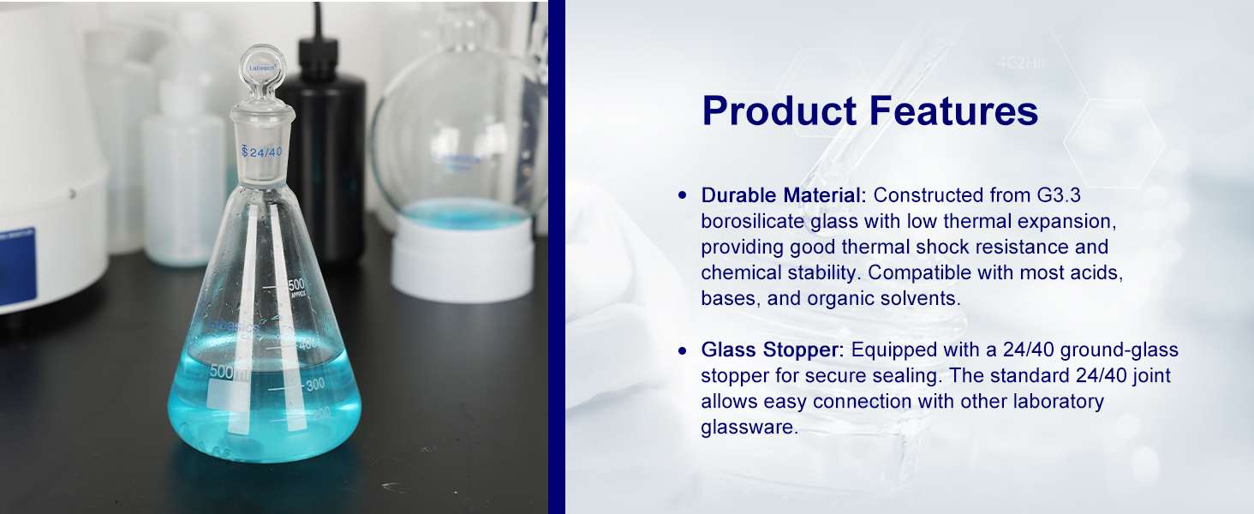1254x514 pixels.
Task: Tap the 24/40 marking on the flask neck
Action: pyautogui.click(x=261, y=152)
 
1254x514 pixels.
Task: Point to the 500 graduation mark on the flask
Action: pyautogui.click(x=296, y=284)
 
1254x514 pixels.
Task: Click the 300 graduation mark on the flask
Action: pyautogui.click(x=315, y=384)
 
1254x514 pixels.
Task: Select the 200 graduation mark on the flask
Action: pyautogui.click(x=321, y=414)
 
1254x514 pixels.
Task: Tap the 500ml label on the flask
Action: pyautogui.click(x=230, y=372)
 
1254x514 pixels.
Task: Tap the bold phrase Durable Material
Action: pyautogui.click(x=784, y=194)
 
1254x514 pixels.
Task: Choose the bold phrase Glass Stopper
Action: pyautogui.click(x=773, y=350)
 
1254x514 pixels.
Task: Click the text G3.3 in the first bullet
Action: pyautogui.click(x=1059, y=194)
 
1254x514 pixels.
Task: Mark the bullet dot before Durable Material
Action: pyautogui.click(x=682, y=195)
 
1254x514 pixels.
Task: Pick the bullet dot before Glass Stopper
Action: pyautogui.click(x=682, y=351)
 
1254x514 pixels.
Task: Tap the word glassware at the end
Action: pyautogui.click(x=749, y=427)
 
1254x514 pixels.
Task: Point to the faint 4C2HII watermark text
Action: pyautogui.click(x=1020, y=63)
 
